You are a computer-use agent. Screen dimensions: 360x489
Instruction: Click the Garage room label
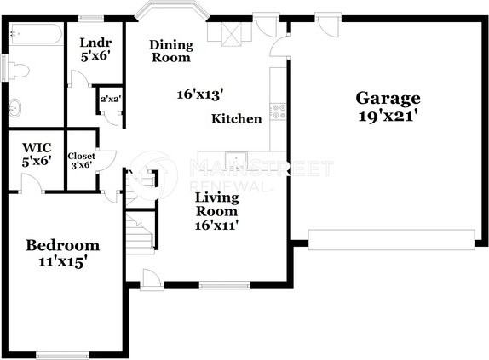(388, 98)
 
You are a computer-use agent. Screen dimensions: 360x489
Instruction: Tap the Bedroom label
(62, 245)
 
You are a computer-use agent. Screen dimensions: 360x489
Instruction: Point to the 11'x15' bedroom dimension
(62, 262)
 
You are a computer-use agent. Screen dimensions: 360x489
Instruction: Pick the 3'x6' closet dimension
(82, 166)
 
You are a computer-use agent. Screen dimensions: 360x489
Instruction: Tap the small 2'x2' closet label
(111, 100)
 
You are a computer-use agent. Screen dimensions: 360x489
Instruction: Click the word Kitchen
(237, 118)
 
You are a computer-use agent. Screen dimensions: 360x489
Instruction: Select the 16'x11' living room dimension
(217, 226)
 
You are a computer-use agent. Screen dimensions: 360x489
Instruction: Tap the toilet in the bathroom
(17, 70)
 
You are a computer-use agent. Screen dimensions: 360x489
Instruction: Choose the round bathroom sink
(16, 108)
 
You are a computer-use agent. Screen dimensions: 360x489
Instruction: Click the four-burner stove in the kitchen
(277, 110)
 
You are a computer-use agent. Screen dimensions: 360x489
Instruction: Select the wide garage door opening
(391, 239)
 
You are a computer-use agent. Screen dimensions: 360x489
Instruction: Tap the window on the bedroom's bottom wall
(62, 355)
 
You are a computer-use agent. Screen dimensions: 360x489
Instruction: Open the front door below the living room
(151, 279)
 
